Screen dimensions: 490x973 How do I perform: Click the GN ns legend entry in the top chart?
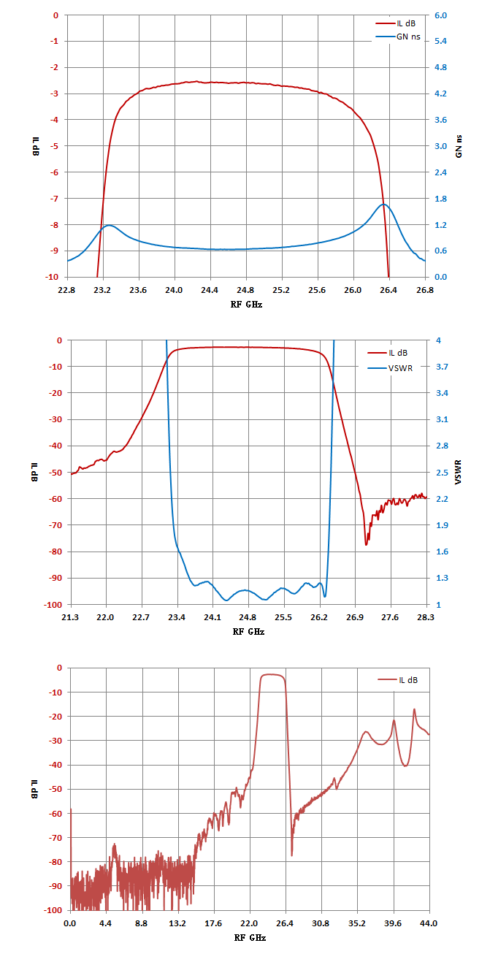398,37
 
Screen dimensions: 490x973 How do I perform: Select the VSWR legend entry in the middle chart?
390,368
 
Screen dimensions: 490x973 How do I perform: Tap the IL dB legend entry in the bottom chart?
398,680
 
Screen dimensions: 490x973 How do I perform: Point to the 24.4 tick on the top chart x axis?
210,290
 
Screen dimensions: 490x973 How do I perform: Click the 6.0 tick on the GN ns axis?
440,15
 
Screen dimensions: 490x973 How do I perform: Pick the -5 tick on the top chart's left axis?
54,146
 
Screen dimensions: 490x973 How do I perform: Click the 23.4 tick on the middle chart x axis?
177,617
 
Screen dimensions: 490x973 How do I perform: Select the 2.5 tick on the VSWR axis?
442,473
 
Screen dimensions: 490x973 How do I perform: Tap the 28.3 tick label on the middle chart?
425,617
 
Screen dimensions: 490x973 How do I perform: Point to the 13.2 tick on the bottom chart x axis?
177,923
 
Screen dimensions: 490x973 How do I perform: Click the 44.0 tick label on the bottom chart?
429,923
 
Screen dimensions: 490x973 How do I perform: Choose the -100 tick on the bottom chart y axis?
53,910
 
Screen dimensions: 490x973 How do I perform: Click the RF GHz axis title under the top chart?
246,305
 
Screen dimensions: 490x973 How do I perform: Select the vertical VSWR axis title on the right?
459,472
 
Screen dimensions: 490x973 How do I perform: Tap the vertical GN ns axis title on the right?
459,146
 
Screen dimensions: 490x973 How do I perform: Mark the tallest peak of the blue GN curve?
384,204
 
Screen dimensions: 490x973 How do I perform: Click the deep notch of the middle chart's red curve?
366,545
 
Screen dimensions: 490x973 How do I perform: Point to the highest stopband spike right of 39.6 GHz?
414,709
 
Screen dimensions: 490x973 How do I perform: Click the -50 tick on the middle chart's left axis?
55,473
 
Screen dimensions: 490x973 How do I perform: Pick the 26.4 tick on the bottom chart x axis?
285,923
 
